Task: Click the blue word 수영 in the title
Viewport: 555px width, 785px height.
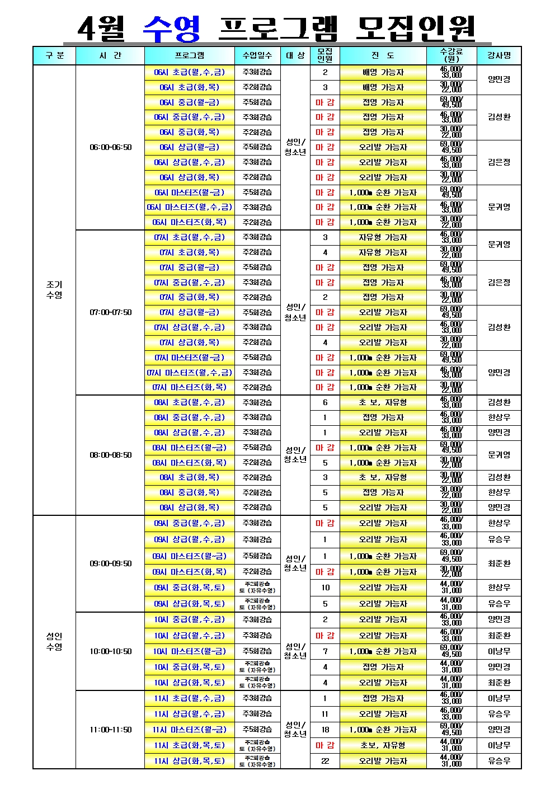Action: pos(172,29)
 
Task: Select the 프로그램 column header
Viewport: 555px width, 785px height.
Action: pos(190,55)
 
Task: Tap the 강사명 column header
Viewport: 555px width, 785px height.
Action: pos(498,55)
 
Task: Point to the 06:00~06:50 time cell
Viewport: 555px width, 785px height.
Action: pos(111,147)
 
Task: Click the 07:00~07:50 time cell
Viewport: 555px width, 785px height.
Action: pos(111,312)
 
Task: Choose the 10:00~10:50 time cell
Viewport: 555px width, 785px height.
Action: pos(111,651)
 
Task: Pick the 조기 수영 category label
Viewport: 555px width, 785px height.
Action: pos(54,290)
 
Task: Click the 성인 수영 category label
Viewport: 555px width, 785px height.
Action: pos(54,641)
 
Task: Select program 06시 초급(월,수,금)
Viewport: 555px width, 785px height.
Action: pos(189,72)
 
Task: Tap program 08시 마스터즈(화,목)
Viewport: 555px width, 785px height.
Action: pos(189,463)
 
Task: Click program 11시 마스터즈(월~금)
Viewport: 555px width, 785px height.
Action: pos(189,730)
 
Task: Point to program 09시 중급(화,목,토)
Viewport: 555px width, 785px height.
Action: pos(189,587)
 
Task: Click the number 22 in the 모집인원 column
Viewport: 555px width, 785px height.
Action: pos(325,761)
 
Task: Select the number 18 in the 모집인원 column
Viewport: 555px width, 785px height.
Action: pos(325,730)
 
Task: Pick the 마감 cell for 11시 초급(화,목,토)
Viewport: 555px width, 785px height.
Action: pos(325,745)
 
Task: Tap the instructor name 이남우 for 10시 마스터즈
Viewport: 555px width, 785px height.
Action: pos(498,651)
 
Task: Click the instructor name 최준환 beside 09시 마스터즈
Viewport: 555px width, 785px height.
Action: pos(498,563)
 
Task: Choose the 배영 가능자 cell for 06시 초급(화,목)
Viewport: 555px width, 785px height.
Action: pos(383,87)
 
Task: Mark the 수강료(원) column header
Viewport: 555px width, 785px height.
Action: pos(451,55)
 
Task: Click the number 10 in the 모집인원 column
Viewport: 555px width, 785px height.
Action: pos(325,587)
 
